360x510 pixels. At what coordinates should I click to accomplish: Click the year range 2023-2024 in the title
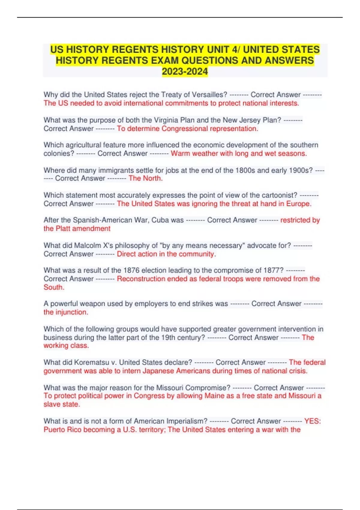click(185, 71)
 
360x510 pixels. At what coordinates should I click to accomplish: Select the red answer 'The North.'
click(145, 178)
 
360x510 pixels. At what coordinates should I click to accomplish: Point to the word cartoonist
click(279, 195)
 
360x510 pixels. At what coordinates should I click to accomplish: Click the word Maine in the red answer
click(214, 396)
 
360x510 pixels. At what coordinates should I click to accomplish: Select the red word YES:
click(312, 421)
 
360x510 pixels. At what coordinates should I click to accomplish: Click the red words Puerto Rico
click(62, 430)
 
